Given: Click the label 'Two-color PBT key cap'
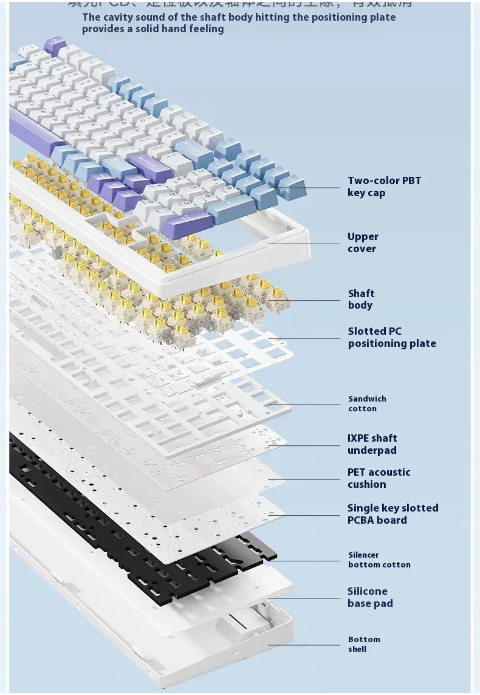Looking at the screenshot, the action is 383,187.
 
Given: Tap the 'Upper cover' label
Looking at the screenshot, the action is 363,242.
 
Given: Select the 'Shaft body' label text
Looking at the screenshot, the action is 361,300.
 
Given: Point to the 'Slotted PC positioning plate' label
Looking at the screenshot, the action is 391,337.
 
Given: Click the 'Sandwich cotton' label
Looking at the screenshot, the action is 367,403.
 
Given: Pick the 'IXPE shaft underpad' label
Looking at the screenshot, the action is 372,444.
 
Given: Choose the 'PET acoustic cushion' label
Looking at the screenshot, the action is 379,478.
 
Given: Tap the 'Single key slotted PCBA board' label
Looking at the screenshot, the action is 392,514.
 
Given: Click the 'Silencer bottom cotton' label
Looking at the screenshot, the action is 379,560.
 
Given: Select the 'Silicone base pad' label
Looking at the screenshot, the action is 370,597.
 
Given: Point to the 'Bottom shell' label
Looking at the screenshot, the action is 363,644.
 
